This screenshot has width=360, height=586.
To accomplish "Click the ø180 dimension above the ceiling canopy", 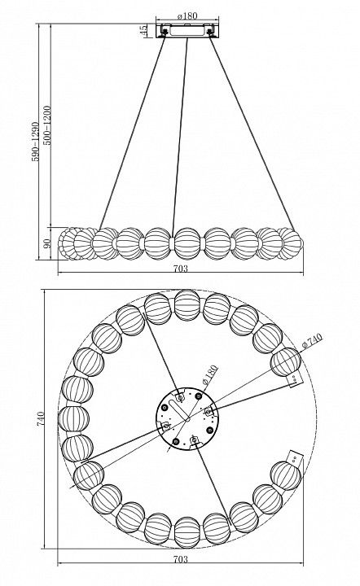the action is point(187,15).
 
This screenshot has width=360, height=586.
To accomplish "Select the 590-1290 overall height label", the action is point(35,142).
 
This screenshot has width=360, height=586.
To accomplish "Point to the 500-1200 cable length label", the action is point(46,125).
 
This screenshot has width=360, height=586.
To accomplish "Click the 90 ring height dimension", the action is point(47,243).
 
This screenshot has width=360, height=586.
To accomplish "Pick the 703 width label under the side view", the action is point(181,269).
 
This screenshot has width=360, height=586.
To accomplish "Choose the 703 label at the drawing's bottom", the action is point(181,559).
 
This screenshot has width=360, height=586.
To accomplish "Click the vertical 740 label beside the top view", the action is point(41,418).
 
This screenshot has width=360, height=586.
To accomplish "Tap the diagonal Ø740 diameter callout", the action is point(312,341).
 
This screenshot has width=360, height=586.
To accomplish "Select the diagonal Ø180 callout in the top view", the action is point(209,375).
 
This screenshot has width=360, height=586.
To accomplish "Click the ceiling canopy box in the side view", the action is point(187,31).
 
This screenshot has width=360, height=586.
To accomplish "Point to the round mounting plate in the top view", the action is point(187,418).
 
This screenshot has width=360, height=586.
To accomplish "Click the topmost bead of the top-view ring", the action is point(187,305).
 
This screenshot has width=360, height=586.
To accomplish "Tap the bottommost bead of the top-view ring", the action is point(187,532).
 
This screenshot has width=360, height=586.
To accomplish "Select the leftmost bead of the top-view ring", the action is point(73,418).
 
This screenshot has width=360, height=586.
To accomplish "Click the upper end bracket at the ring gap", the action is point(295,380).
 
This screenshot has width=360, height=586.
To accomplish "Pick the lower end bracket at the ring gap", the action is point(295,457).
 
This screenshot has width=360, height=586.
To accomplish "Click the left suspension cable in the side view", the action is point(132,133).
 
